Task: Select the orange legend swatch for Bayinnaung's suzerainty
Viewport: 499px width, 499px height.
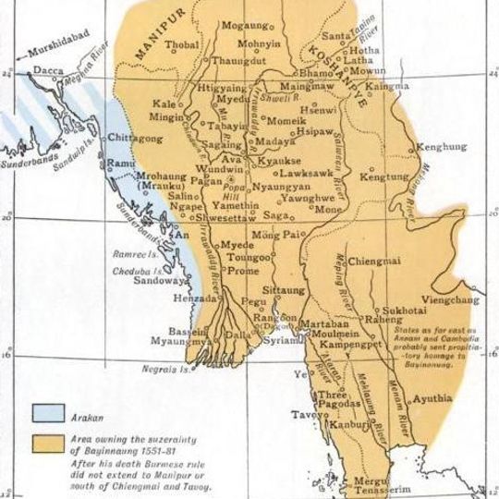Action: (49, 442)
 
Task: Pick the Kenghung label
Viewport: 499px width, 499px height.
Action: (442, 146)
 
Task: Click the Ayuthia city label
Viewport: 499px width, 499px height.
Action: (433, 398)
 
